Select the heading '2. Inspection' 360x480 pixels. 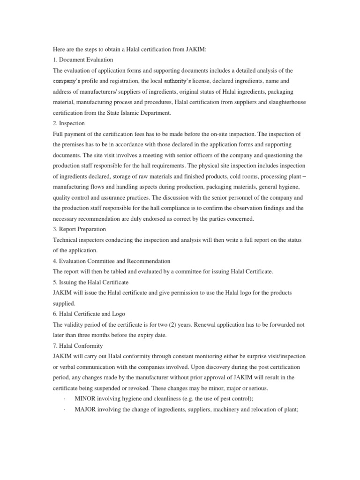tap(69, 123)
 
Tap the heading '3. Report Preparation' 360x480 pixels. tap(79, 229)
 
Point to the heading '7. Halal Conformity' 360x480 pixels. tap(77, 346)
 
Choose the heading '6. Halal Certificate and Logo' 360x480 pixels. tap(89, 314)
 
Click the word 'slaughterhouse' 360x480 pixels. tap(287, 102)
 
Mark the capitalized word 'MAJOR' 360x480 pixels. tap(86, 409)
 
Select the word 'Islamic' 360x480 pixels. tap(134, 113)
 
